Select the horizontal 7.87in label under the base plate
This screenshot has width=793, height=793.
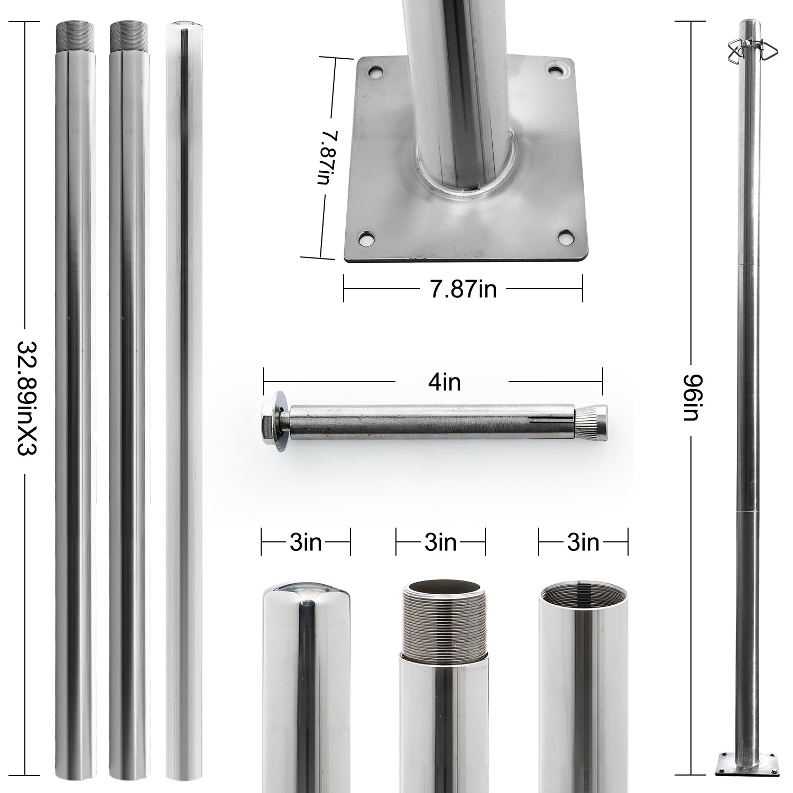463,289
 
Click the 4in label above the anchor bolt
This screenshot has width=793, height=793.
445,382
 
